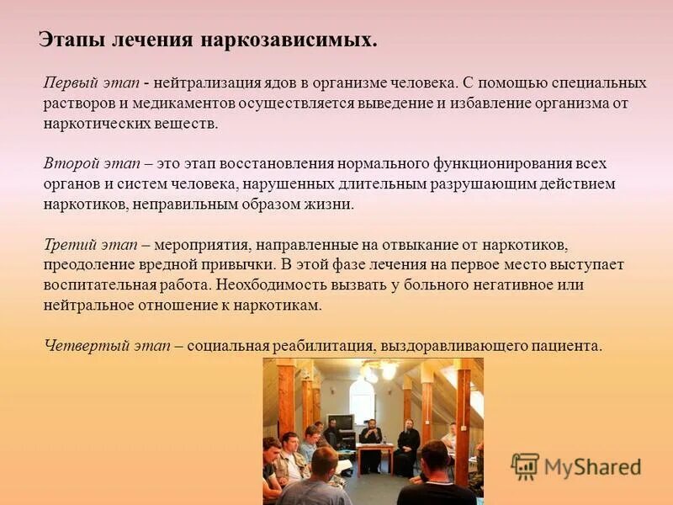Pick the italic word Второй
[x=68, y=163]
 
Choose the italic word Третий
[x=68, y=245]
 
